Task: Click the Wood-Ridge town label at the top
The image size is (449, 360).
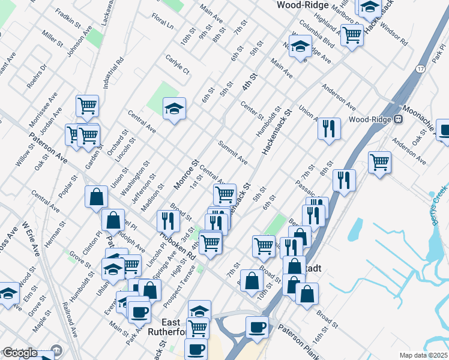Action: tap(302, 5)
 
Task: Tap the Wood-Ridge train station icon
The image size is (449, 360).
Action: tap(397, 119)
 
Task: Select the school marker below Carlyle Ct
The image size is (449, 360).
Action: tap(175, 109)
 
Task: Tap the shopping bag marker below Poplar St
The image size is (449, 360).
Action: tap(96, 196)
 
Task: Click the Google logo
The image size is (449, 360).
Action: tap(20, 353)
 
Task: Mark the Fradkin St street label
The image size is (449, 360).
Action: tap(68, 17)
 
